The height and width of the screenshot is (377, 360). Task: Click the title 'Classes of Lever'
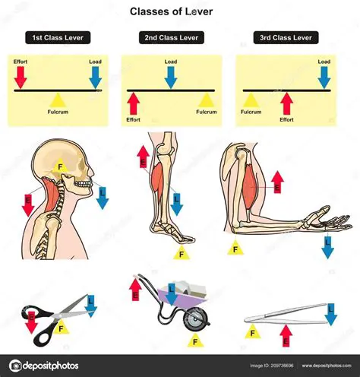tap(171, 11)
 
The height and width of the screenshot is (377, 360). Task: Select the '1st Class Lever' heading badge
tap(58, 38)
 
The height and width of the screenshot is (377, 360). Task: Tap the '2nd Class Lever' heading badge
tap(172, 38)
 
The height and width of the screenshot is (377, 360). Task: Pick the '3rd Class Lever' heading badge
tap(286, 38)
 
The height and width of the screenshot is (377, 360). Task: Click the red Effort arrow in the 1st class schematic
tap(21, 78)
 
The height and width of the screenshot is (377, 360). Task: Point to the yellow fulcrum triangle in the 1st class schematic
tap(58, 100)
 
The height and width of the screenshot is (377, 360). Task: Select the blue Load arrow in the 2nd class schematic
tap(171, 78)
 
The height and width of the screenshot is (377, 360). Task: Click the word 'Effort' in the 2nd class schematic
tap(133, 119)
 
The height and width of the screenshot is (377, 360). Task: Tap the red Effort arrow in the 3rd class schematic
tap(286, 103)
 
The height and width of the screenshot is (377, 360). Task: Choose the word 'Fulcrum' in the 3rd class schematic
tap(251, 112)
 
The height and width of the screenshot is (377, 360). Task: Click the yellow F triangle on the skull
tap(60, 166)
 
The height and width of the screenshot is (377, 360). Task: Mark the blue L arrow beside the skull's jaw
tap(103, 198)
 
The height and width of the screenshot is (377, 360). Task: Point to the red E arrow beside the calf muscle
tap(143, 157)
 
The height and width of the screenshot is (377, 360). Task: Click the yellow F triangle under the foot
tap(182, 252)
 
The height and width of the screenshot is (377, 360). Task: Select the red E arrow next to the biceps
tap(277, 182)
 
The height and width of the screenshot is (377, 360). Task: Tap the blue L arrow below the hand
tap(327, 248)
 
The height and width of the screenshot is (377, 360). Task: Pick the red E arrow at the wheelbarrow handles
tap(135, 290)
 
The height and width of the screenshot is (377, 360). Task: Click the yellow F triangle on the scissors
tap(61, 327)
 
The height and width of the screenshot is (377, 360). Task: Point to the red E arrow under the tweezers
tap(286, 336)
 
